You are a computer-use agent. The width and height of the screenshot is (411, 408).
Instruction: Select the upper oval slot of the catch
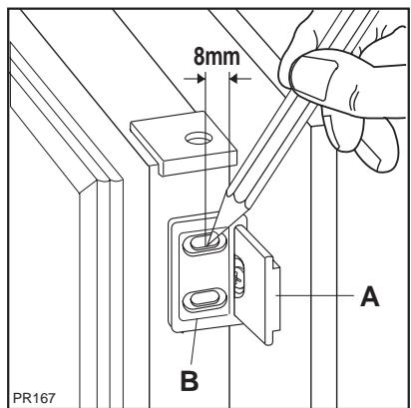point(203,240)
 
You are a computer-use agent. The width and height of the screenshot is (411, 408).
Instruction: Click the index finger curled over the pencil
point(329,40)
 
